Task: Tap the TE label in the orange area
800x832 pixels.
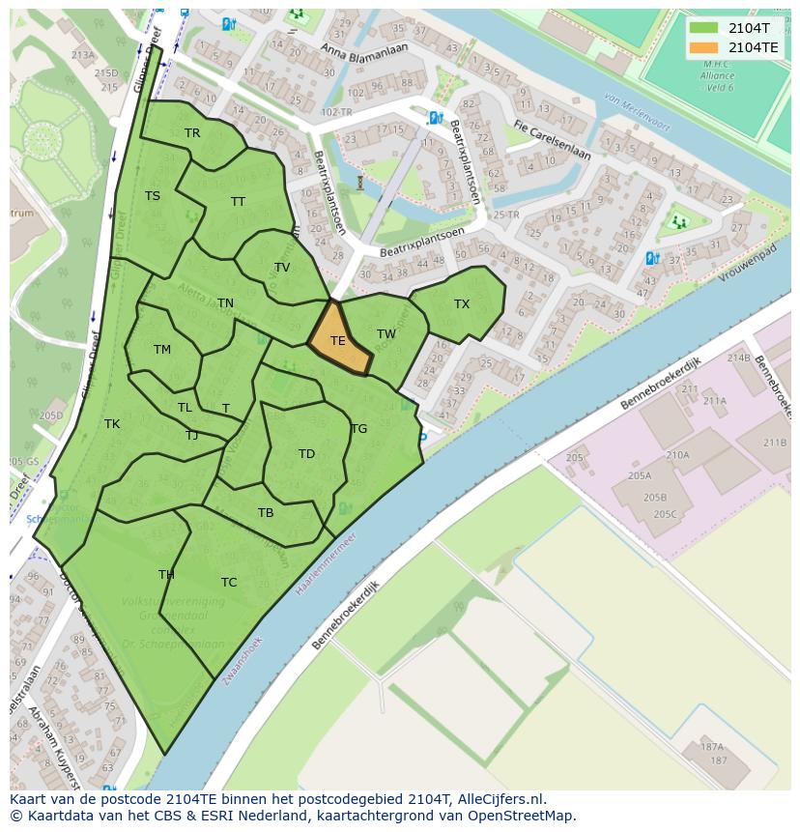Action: click(x=338, y=341)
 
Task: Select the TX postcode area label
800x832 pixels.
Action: click(x=462, y=304)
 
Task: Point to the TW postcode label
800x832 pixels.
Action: click(x=386, y=334)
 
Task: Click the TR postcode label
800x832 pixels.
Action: click(x=192, y=133)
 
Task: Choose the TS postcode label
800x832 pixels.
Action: click(x=153, y=196)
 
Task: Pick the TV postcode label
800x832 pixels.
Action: click(x=282, y=268)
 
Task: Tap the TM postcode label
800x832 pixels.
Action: click(x=162, y=350)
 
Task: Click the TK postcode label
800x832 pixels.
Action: click(x=112, y=424)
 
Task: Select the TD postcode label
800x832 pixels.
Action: click(x=306, y=454)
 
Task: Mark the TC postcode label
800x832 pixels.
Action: click(x=229, y=583)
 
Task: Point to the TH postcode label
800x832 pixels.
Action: click(x=166, y=575)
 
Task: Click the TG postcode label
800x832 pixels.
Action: click(x=358, y=429)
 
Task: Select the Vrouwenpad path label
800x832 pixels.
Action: click(x=749, y=263)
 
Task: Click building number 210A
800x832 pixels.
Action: click(x=677, y=454)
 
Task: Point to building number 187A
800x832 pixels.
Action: click(x=712, y=746)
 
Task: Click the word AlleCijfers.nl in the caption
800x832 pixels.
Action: click(x=499, y=799)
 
